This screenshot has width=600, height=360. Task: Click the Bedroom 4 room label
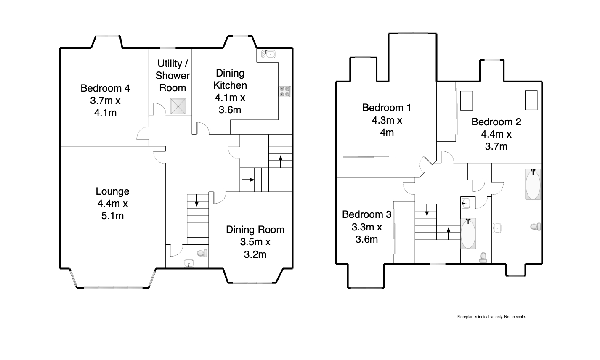click(105, 88)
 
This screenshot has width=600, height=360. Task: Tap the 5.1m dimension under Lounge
click(112, 216)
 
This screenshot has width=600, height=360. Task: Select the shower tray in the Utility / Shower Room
click(178, 106)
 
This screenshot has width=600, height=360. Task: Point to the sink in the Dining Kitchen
click(268, 54)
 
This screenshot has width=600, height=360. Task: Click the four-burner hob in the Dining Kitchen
click(284, 92)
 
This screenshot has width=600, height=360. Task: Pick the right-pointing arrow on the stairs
click(248, 180)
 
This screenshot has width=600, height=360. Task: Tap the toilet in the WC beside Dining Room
click(202, 253)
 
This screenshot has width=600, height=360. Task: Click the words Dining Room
click(255, 230)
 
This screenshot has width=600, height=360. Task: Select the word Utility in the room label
click(170, 64)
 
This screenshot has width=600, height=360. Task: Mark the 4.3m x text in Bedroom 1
click(387, 120)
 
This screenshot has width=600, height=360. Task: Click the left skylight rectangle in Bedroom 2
click(466, 101)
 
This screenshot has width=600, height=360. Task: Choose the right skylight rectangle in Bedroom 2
click(531, 101)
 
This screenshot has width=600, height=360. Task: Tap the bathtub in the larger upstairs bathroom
click(533, 184)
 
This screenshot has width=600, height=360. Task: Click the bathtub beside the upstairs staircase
click(468, 234)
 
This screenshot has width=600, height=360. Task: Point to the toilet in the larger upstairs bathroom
click(536, 227)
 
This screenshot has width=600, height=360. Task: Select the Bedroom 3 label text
click(367, 214)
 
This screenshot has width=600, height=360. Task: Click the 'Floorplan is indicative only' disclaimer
click(491, 317)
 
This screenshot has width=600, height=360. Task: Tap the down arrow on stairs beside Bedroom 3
click(427, 210)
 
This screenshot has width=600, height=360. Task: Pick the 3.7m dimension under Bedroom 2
click(496, 146)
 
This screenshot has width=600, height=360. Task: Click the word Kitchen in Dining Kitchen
click(230, 85)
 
